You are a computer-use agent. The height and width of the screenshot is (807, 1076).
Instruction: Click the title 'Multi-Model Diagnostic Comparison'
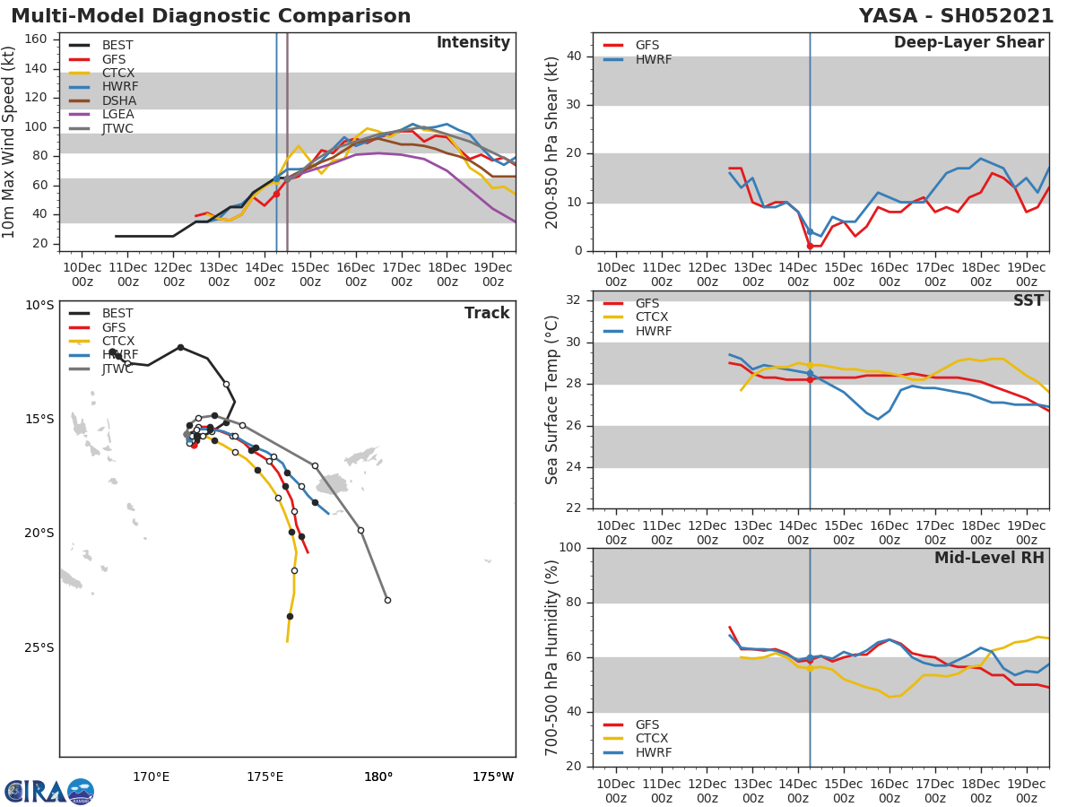211,16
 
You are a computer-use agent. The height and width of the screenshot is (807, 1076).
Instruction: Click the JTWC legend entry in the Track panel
117,369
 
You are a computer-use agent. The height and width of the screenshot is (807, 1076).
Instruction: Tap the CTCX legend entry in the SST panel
651,317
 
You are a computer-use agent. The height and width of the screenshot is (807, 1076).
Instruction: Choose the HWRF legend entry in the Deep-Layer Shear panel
653,59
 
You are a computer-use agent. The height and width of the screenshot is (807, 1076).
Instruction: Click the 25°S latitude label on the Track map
39,647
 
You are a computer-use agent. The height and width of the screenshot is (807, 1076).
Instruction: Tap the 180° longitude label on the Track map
378,777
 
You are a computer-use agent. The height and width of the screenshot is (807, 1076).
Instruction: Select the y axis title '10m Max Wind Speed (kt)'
11,142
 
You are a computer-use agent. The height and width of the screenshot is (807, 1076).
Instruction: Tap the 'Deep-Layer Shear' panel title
968,43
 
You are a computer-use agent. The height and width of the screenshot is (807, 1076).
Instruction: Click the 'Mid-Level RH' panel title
989,559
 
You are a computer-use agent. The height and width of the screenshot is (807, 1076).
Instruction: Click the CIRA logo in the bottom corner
49,791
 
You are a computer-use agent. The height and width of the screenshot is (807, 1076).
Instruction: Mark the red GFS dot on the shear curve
810,246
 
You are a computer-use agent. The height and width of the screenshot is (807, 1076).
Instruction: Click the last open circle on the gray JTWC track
387,600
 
